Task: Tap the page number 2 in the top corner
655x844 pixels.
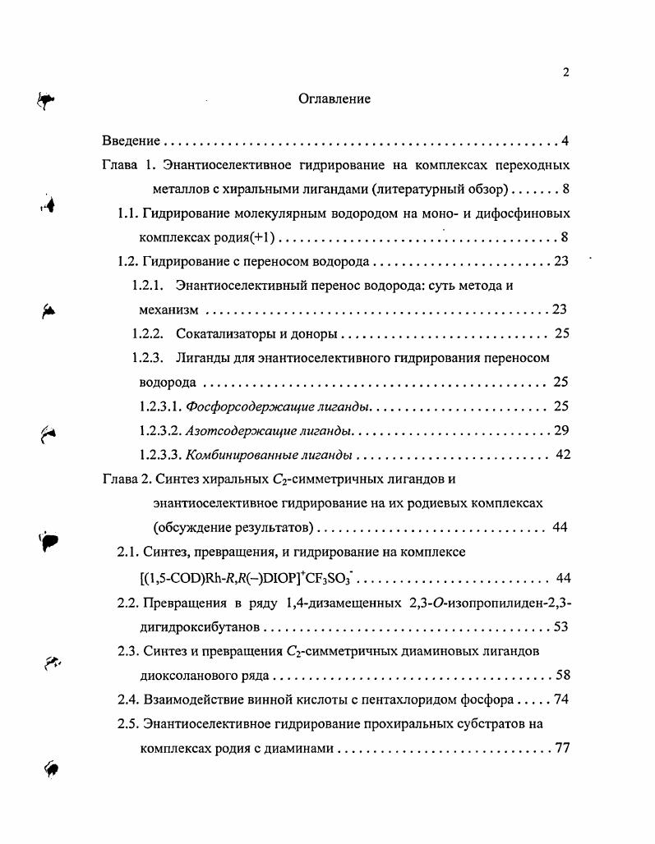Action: coord(565,72)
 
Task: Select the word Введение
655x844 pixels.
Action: coord(131,141)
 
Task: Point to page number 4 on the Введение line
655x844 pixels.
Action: coord(565,141)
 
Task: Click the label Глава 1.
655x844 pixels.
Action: coord(128,165)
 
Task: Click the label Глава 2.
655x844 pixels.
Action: coord(128,479)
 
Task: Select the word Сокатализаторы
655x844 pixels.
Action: coord(223,333)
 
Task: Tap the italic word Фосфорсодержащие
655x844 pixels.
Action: coord(239,406)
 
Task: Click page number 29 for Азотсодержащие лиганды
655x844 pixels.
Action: coord(562,430)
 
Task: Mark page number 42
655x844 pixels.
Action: coord(563,455)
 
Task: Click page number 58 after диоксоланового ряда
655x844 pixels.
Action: coord(562,677)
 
